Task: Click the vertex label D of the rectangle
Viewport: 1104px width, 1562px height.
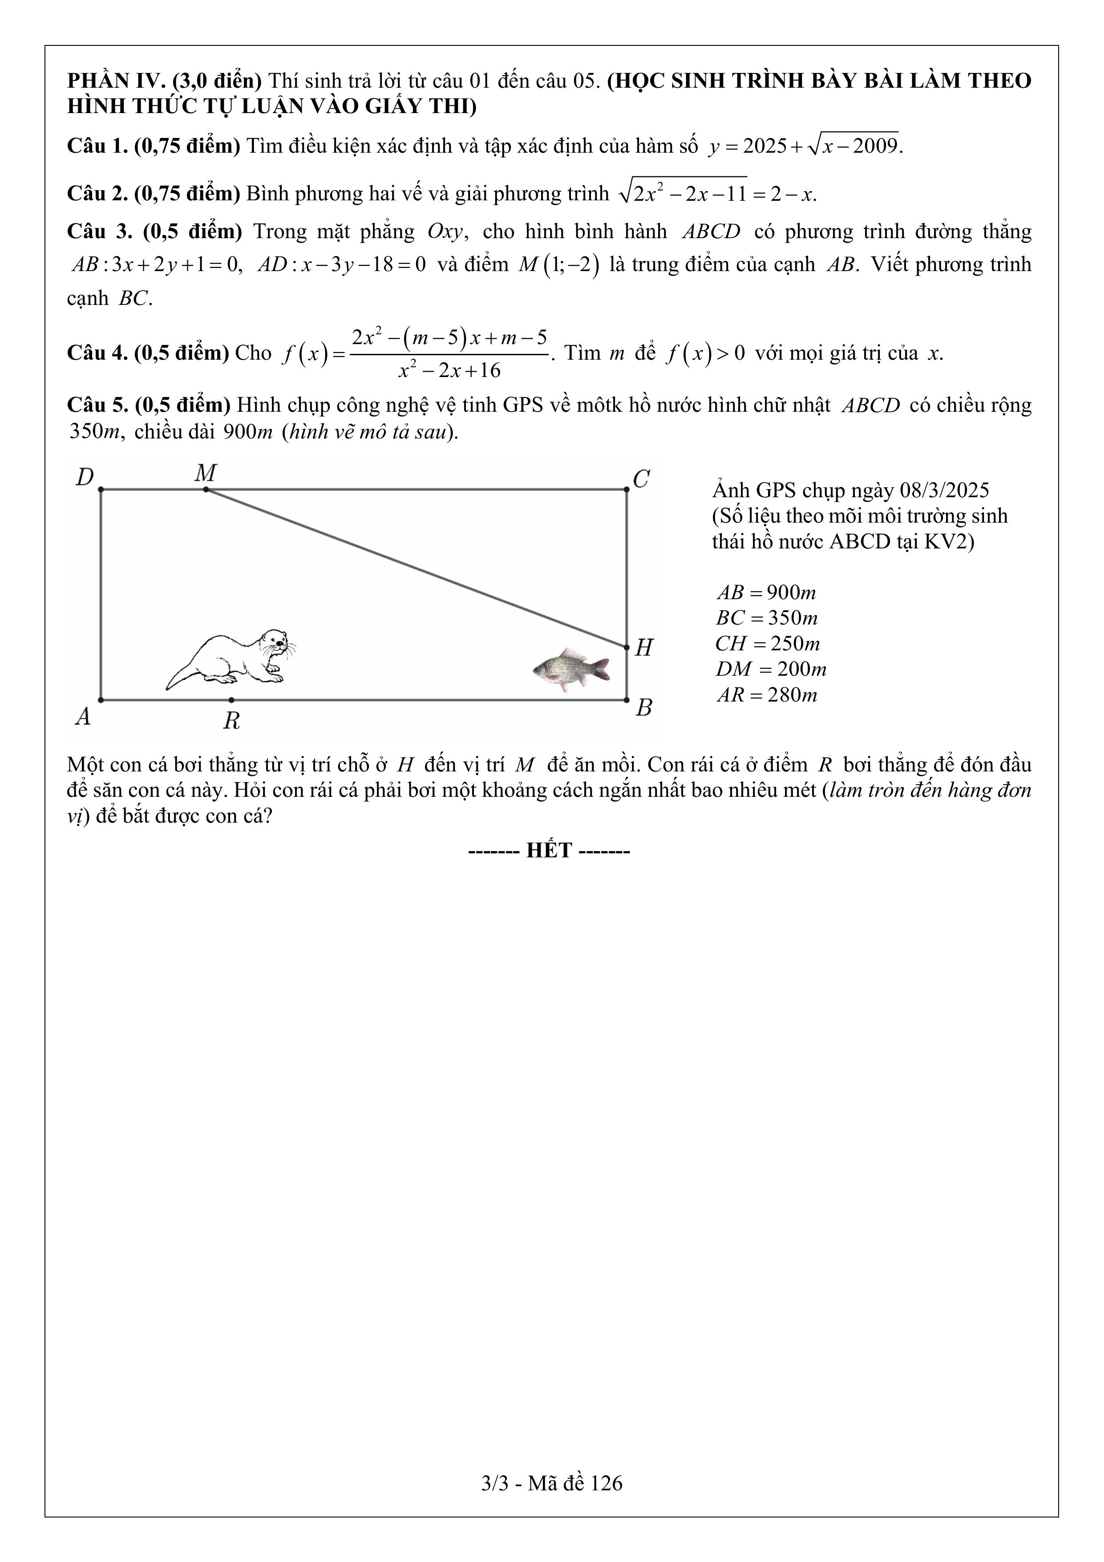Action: (85, 478)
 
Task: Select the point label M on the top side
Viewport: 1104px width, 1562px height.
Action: (206, 472)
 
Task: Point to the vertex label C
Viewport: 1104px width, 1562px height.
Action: (642, 479)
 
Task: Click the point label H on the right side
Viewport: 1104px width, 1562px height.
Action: (643, 648)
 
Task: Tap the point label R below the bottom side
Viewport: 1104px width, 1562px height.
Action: (231, 720)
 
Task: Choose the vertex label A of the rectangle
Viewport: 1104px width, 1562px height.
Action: (83, 716)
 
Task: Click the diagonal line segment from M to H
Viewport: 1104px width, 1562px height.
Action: (417, 568)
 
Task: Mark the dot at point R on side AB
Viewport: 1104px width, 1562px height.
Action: (231, 699)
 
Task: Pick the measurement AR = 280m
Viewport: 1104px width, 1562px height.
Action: (767, 694)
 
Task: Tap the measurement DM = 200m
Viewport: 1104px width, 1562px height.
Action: (771, 669)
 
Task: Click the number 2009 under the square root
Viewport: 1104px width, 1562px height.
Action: (875, 146)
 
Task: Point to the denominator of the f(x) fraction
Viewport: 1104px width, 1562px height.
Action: (449, 371)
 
